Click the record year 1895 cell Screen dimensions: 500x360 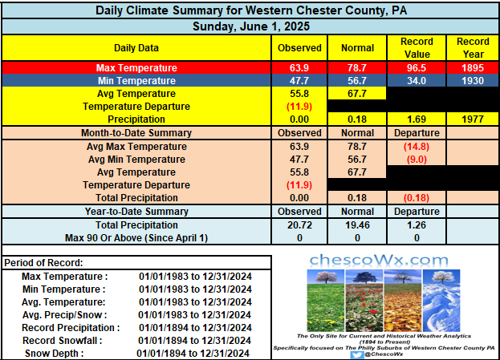(x=473, y=68)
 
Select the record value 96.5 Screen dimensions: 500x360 (x=417, y=68)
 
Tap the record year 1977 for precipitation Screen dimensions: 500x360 (x=473, y=119)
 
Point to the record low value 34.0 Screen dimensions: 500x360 (x=417, y=81)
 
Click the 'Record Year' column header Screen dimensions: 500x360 (x=473, y=48)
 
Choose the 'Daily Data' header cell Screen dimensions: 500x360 (x=136, y=48)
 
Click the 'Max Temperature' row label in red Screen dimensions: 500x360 (x=136, y=68)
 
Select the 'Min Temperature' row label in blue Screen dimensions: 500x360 (x=136, y=81)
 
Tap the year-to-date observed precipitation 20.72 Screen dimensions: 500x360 (x=299, y=225)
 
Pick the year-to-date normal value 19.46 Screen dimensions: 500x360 (x=357, y=225)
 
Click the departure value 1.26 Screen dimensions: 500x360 (x=417, y=225)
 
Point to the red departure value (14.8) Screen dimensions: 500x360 (x=417, y=147)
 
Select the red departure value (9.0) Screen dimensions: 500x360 (x=417, y=160)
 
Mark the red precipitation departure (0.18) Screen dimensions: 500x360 (x=417, y=198)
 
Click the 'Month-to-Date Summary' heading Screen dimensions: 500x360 (x=136, y=133)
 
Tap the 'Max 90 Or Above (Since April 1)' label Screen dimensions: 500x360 (x=136, y=238)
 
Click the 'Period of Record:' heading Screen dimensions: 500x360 (x=43, y=263)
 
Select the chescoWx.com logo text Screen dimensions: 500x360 (x=379, y=261)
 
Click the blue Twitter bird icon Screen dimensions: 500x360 (x=356, y=354)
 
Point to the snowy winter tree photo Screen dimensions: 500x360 (x=441, y=301)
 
